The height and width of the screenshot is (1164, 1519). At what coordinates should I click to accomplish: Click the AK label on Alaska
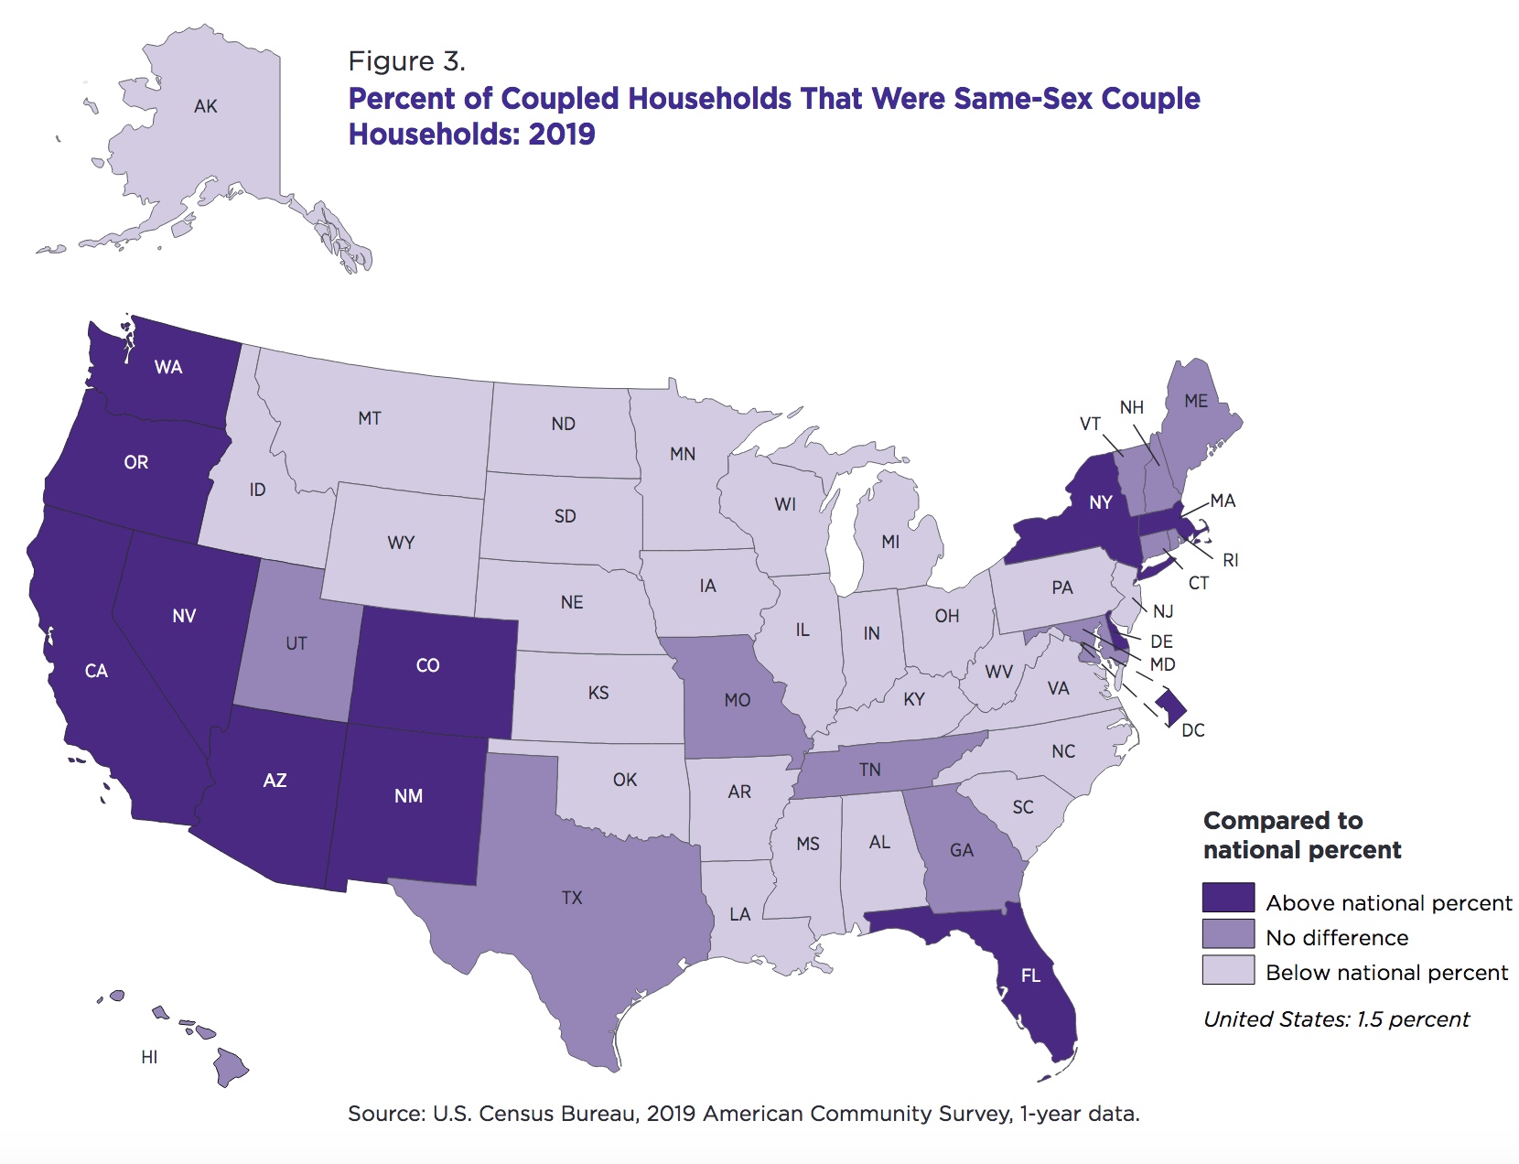[206, 107]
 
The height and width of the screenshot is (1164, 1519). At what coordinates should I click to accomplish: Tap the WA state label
[168, 368]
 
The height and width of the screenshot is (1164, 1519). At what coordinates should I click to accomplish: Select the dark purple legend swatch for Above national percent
[1228, 899]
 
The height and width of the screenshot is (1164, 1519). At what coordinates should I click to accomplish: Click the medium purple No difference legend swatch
[1228, 934]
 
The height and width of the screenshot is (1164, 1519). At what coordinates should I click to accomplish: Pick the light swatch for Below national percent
[1228, 970]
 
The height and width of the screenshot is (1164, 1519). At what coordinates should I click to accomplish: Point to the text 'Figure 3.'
[407, 61]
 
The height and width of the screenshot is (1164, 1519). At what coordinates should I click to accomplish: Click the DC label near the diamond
[1193, 730]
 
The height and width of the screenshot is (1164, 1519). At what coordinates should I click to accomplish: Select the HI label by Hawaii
[149, 1057]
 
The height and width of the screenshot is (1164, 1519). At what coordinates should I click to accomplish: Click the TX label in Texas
[572, 898]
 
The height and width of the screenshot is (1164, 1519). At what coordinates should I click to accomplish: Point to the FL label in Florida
[1030, 976]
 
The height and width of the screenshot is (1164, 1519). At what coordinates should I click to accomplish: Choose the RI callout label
[1231, 560]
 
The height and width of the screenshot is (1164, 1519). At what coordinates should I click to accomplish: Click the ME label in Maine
[1196, 402]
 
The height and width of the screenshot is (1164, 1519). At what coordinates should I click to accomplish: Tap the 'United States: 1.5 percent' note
[1336, 1019]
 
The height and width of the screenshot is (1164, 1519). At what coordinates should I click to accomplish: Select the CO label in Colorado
[427, 665]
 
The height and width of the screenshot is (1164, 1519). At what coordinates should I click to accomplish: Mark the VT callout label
[1090, 424]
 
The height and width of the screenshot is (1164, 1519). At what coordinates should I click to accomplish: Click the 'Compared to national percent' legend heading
[1301, 835]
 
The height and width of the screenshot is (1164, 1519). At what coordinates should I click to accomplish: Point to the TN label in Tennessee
[870, 770]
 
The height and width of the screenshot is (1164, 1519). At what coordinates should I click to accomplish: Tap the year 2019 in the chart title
[562, 135]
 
